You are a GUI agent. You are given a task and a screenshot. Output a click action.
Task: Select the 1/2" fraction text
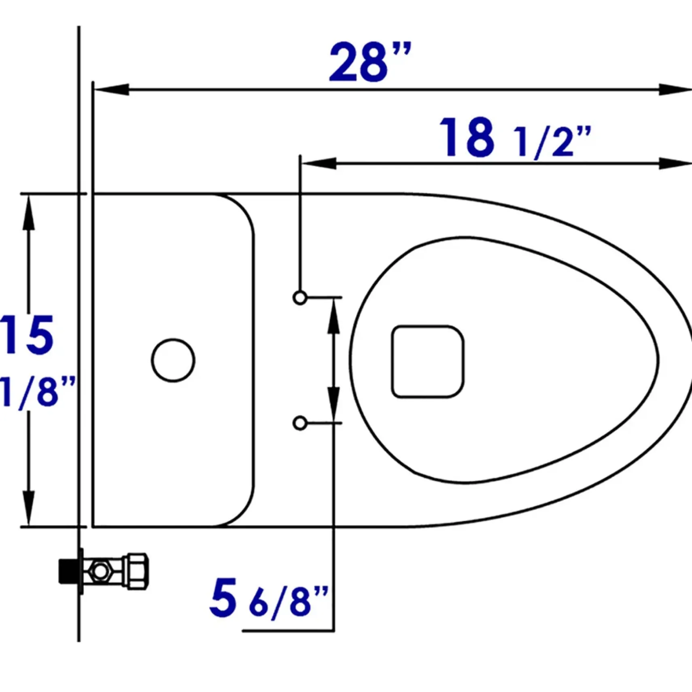tap(552, 142)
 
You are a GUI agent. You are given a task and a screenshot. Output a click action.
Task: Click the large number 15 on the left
tap(27, 335)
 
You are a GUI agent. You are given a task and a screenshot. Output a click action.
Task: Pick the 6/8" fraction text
tap(289, 603)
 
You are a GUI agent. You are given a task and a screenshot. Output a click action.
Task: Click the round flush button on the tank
tap(173, 360)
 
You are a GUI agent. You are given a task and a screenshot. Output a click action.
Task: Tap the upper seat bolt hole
tap(300, 298)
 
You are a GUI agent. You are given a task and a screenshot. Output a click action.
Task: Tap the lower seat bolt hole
tap(300, 423)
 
